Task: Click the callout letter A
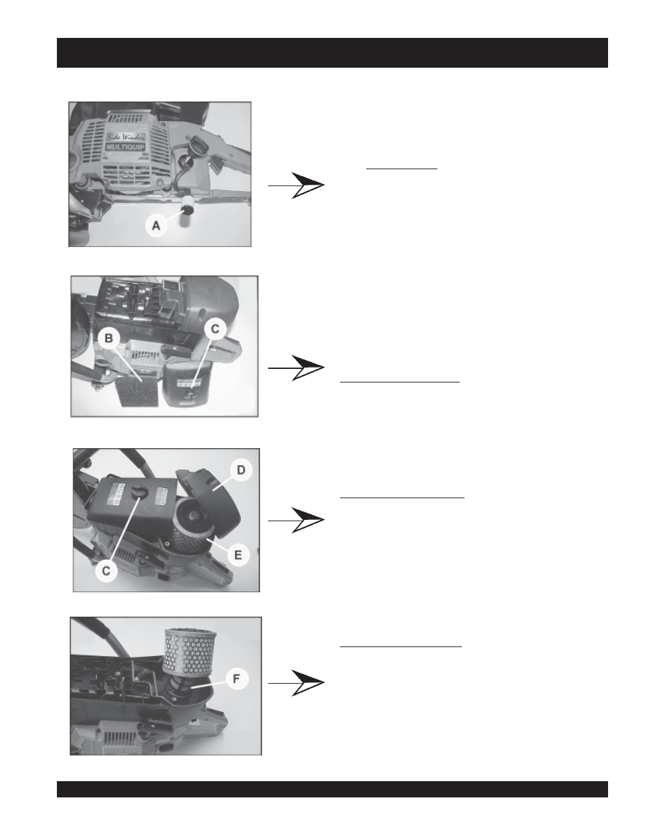(x=156, y=225)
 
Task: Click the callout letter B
(x=109, y=338)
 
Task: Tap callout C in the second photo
(x=215, y=329)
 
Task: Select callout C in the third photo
(x=106, y=571)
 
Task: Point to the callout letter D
(x=241, y=470)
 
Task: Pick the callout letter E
(x=238, y=555)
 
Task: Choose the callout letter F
(x=236, y=679)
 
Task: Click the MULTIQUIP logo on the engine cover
(x=126, y=147)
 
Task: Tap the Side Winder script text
(x=126, y=137)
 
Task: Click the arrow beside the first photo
(x=297, y=185)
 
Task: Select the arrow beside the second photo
(x=297, y=368)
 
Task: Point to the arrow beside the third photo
(x=297, y=520)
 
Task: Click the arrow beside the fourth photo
(x=297, y=683)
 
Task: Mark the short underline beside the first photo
(x=402, y=169)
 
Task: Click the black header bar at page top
(x=332, y=53)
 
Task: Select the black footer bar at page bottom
(x=332, y=789)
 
